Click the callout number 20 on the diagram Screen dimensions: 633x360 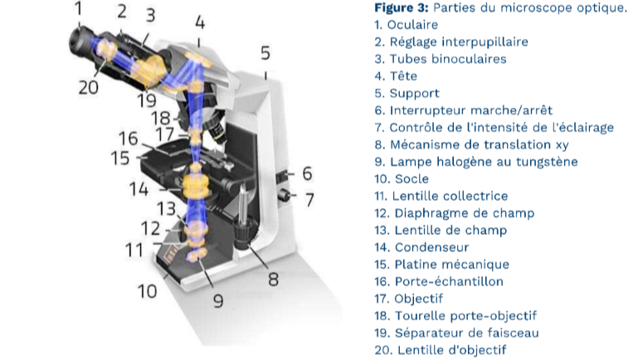[89, 87]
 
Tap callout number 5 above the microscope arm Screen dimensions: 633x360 [265, 53]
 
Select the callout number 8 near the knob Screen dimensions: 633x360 [273, 280]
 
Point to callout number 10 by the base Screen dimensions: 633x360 [147, 291]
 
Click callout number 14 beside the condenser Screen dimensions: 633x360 [139, 189]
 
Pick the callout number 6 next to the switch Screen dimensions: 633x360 [307, 173]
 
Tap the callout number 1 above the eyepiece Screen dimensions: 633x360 [78, 8]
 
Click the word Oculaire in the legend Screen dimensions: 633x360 [412, 25]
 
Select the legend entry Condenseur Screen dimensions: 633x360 [431, 247]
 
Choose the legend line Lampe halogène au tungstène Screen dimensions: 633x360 [484, 162]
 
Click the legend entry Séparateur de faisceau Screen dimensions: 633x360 [467, 333]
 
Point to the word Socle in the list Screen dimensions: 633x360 [411, 179]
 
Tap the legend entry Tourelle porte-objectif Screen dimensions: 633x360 [466, 315]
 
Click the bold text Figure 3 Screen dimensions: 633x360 [402, 7]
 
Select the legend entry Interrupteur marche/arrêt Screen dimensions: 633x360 [470, 110]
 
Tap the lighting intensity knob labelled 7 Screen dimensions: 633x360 [286, 195]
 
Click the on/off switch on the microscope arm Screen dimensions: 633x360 [282, 176]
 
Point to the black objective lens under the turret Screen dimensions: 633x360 [217, 130]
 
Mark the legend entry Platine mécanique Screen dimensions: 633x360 [452, 265]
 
